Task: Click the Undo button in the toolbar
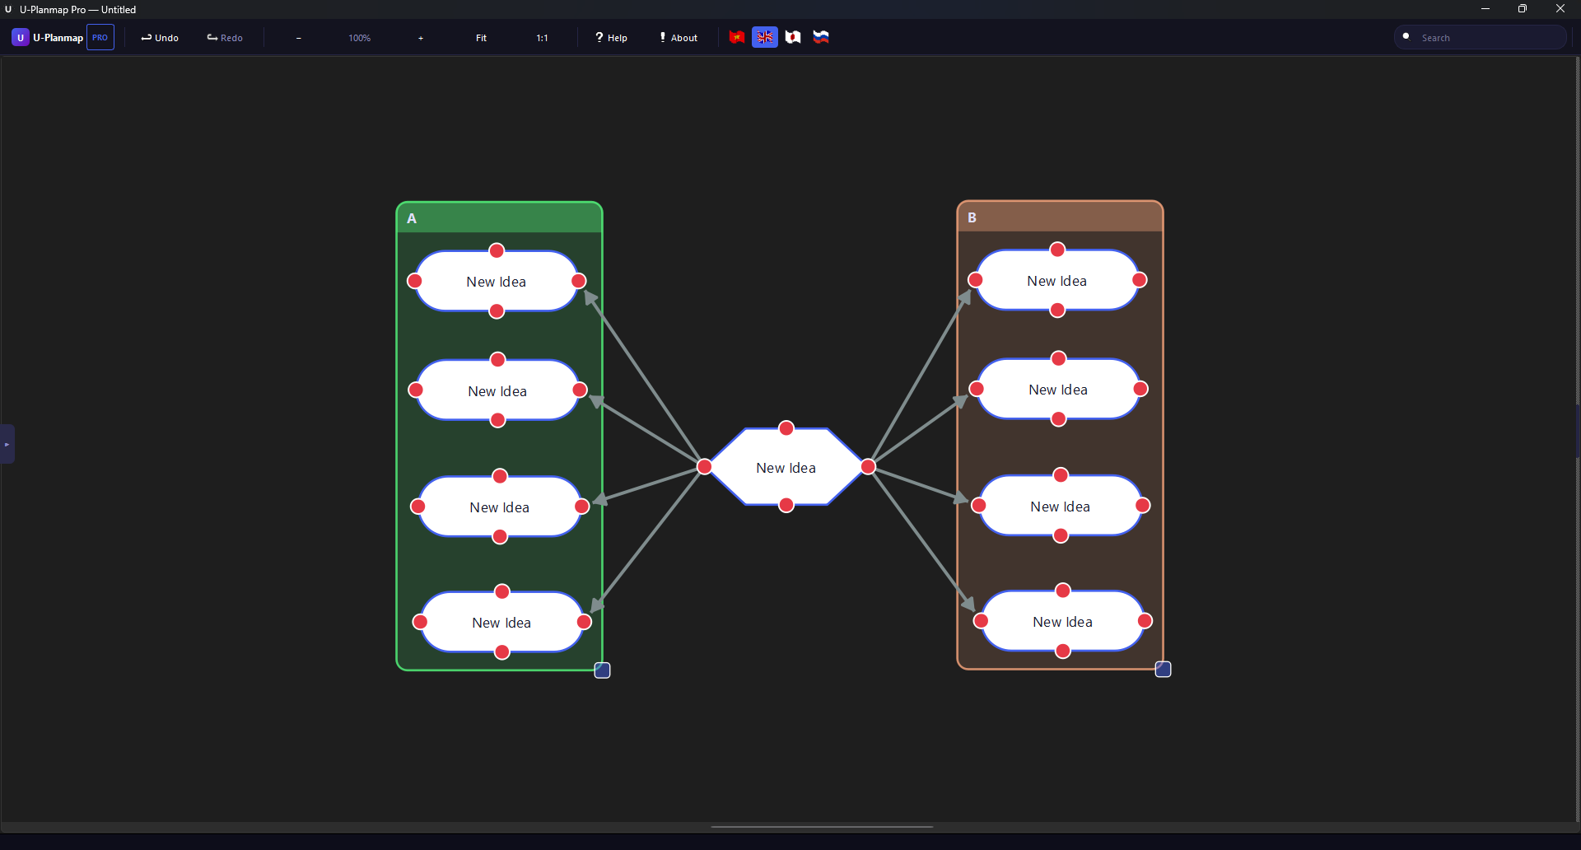160,38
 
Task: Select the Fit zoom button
481,38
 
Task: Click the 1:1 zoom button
542,38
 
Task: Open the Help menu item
611,38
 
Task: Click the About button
679,38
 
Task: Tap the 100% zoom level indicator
359,38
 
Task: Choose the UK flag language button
765,37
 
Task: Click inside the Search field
1486,38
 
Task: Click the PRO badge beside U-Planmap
100,38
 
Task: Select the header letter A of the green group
412,218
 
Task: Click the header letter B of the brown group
972,217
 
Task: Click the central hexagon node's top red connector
786,428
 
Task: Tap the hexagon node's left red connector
705,467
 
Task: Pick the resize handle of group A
602,670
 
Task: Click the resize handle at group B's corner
1163,669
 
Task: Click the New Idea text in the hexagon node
786,468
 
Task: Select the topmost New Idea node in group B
1056,281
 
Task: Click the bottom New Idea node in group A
501,623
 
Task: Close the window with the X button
1560,9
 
